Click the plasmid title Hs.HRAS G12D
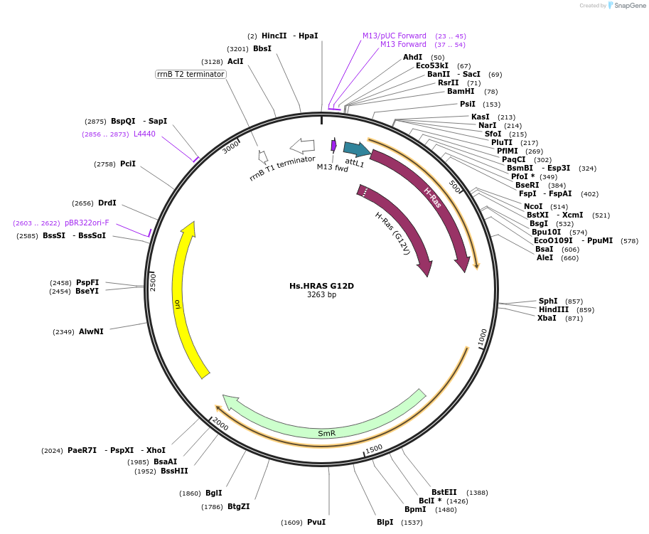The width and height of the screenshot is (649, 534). pyautogui.click(x=321, y=286)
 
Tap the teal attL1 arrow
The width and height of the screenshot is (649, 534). pyautogui.click(x=356, y=149)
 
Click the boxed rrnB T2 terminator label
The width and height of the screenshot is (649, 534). pyautogui.click(x=191, y=74)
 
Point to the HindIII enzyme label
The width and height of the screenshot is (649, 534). pyautogui.click(x=553, y=309)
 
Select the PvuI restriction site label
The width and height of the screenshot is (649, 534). pyautogui.click(x=316, y=522)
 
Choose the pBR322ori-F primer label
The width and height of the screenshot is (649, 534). pyautogui.click(x=87, y=223)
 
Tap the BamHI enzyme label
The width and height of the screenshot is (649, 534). pyautogui.click(x=461, y=91)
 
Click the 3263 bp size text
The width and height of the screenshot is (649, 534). pyautogui.click(x=321, y=295)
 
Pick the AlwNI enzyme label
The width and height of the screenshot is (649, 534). pyautogui.click(x=91, y=331)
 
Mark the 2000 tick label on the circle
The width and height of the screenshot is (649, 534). pyautogui.click(x=220, y=424)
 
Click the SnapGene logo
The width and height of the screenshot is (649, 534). pyautogui.click(x=624, y=5)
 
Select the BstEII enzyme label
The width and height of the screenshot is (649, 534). pyautogui.click(x=444, y=492)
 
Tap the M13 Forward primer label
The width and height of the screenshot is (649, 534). pyautogui.click(x=403, y=44)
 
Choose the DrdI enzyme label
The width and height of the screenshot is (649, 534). pyautogui.click(x=107, y=203)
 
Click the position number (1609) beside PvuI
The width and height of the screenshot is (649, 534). pyautogui.click(x=291, y=523)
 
